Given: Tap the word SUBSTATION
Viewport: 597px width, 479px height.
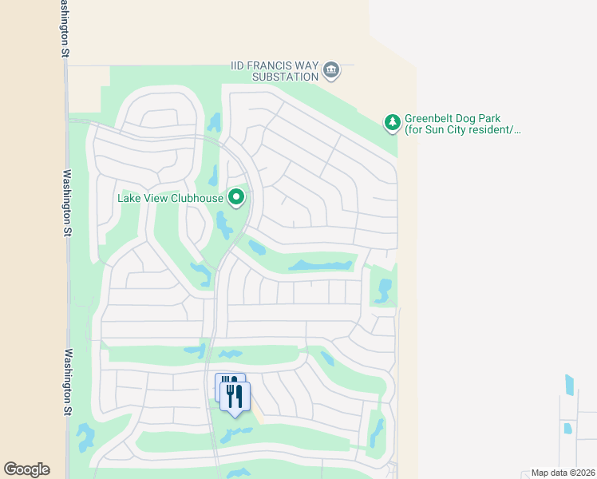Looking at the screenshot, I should pyautogui.click(x=285, y=77).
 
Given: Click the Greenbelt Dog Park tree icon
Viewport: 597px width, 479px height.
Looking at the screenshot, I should pyautogui.click(x=392, y=122).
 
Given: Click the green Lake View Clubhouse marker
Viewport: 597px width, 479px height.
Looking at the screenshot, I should pyautogui.click(x=236, y=196).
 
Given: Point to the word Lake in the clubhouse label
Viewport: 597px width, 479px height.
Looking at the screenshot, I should pyautogui.click(x=129, y=197).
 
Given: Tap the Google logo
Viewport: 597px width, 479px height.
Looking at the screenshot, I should pyautogui.click(x=26, y=469).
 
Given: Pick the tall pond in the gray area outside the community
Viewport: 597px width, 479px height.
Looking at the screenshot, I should pyautogui.click(x=569, y=385).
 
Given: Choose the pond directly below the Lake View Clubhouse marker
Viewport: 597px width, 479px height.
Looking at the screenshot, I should pyautogui.click(x=223, y=225).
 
